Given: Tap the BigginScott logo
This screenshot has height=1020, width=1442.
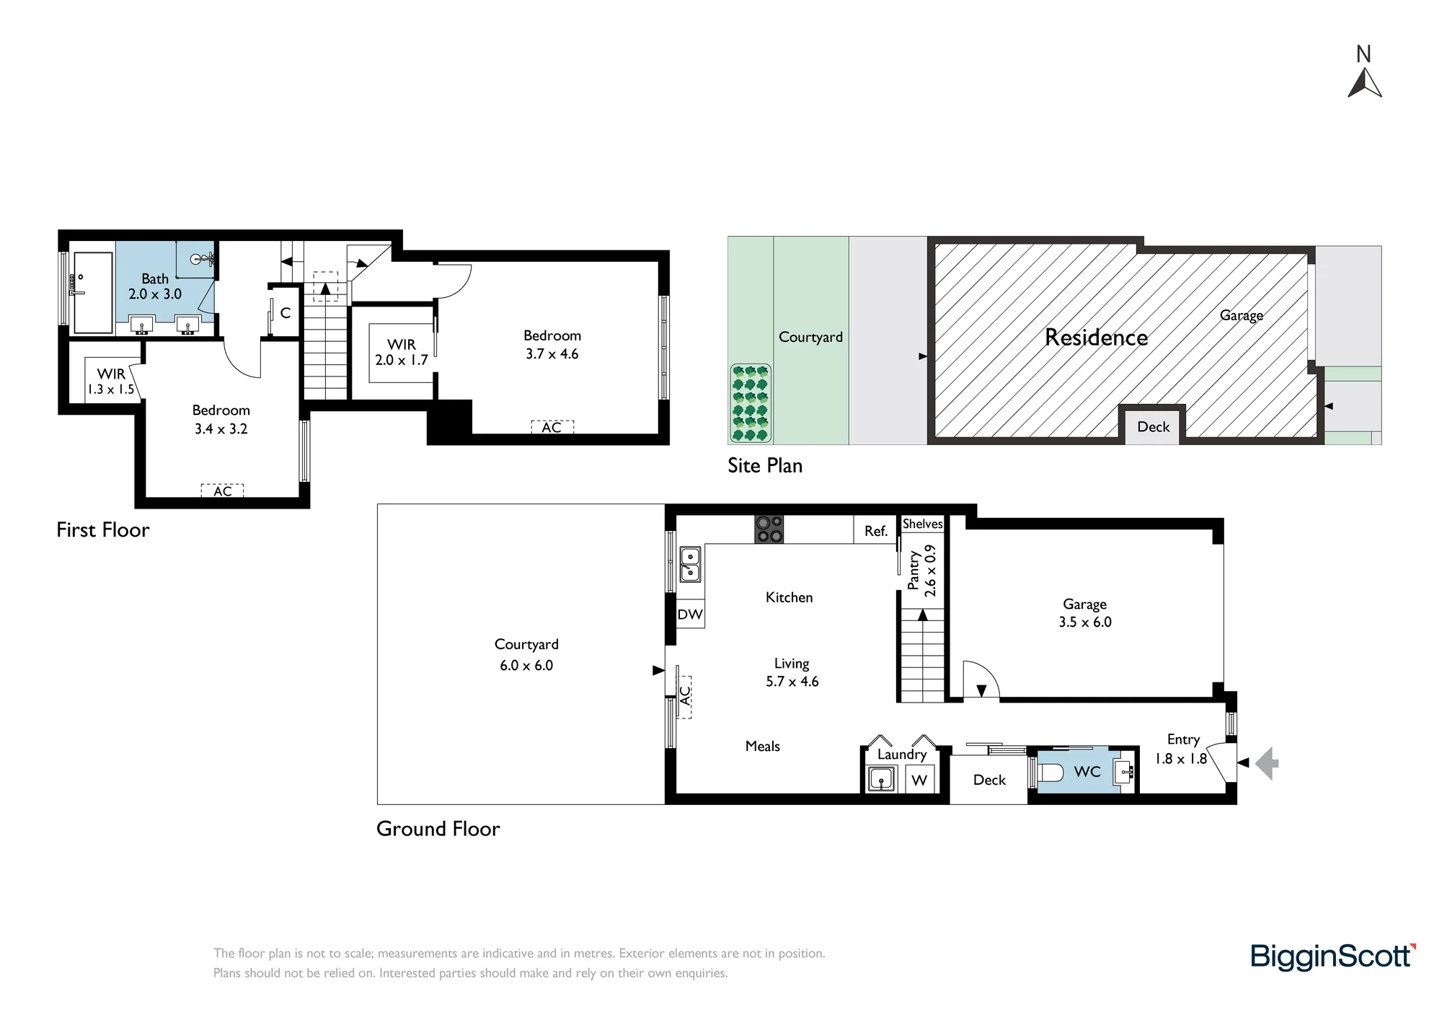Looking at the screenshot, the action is (x=1333, y=957).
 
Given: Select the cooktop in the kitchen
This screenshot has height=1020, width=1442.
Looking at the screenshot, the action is (x=769, y=529).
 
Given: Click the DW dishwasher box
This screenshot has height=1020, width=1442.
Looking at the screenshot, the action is (x=690, y=615).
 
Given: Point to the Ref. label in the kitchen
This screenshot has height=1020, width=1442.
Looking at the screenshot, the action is (x=876, y=531).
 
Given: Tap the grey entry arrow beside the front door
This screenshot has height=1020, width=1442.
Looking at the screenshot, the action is (x=1267, y=762).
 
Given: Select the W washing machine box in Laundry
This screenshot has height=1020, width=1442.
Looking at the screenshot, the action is (x=919, y=780).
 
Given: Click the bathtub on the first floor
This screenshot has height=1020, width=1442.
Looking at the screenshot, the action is (x=93, y=292).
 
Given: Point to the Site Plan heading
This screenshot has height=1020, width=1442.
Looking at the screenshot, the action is (x=765, y=466).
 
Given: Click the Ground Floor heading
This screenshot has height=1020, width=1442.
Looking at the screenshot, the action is (x=438, y=829).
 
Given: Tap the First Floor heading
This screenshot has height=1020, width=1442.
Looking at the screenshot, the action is (x=103, y=530).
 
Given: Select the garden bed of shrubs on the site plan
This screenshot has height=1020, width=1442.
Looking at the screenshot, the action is (x=751, y=403).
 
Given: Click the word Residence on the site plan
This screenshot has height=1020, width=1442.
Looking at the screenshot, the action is (x=1096, y=338).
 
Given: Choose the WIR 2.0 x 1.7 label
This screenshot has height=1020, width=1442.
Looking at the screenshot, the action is (x=402, y=352).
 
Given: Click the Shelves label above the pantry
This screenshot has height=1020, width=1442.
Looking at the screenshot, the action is (x=923, y=524).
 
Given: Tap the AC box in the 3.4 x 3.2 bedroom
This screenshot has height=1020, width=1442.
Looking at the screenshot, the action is (x=223, y=491).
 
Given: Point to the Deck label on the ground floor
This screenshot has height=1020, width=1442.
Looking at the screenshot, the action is (x=989, y=780).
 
